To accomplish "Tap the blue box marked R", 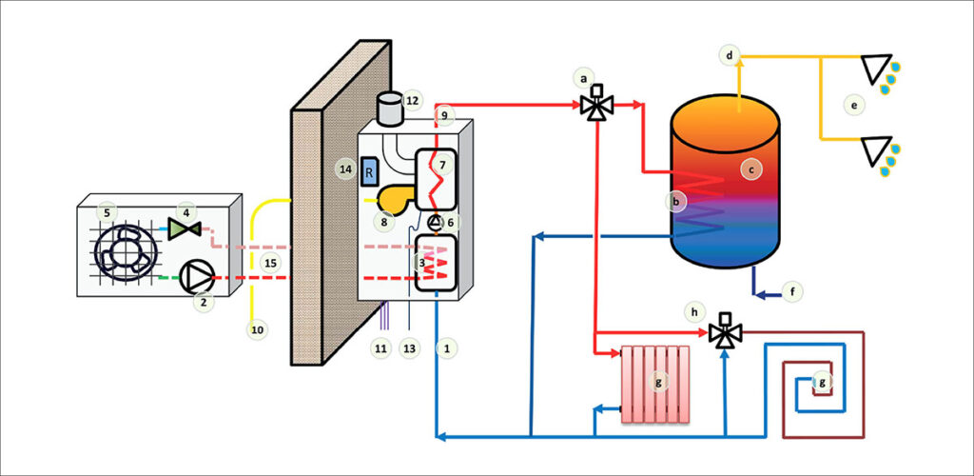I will pyautogui.click(x=370, y=172).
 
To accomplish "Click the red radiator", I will pyautogui.click(x=653, y=384).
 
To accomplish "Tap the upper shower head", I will pyautogui.click(x=876, y=69).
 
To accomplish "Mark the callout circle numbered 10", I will pyautogui.click(x=257, y=329).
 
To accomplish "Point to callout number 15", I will pyautogui.click(x=271, y=262).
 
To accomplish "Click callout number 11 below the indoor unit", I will pyautogui.click(x=380, y=348).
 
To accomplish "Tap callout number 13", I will pyautogui.click(x=410, y=348).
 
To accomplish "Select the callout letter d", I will pyautogui.click(x=730, y=57).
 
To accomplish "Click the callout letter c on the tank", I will pyautogui.click(x=751, y=169).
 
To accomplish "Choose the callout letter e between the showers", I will pyautogui.click(x=854, y=104).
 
